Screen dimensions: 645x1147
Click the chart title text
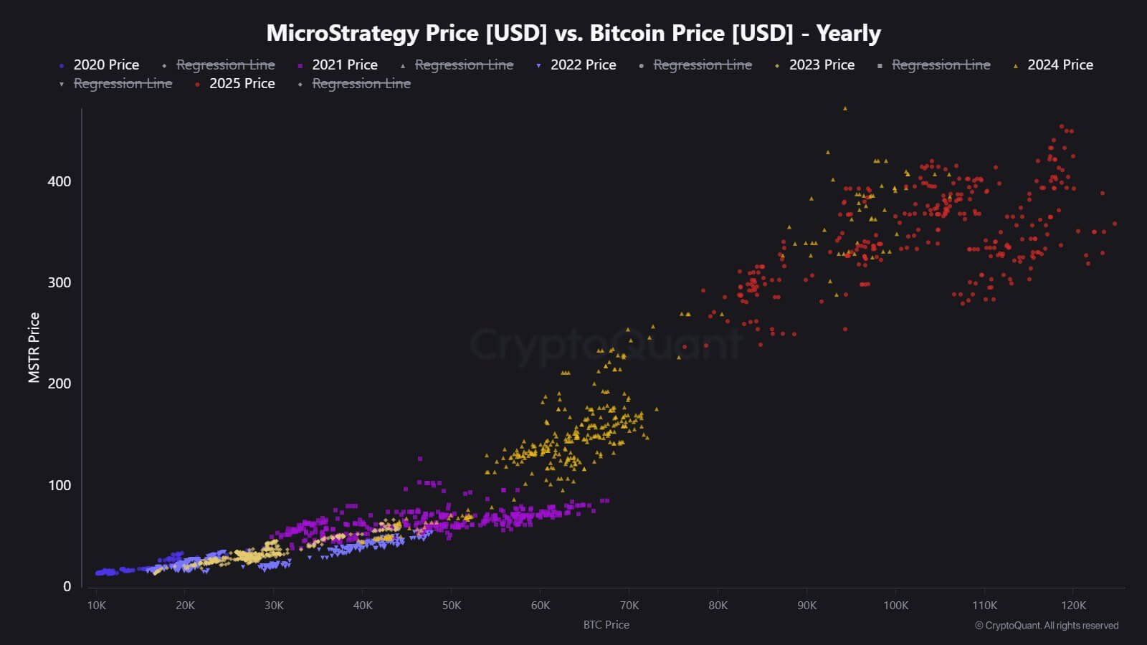[573, 33]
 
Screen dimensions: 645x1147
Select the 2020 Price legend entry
[105, 64]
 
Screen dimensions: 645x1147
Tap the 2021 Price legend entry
[344, 64]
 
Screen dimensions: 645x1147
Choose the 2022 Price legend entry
[583, 64]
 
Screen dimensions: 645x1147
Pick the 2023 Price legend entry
[822, 64]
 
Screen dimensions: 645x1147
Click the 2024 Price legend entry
[1060, 64]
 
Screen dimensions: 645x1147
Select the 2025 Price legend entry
[242, 83]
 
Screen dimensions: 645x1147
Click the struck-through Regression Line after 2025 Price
[361, 83]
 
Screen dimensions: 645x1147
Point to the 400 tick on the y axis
[60, 181]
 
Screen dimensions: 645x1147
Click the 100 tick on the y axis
[60, 485]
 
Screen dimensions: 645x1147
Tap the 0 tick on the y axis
[67, 586]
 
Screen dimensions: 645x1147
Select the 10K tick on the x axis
[96, 606]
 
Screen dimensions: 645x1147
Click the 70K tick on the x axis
[629, 606]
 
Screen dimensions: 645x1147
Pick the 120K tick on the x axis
[1073, 606]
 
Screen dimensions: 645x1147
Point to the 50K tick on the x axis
[452, 606]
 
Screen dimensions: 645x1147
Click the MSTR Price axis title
[34, 348]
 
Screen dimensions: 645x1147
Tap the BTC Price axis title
[606, 625]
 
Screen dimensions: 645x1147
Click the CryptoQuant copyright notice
[1047, 626]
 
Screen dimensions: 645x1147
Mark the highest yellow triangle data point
[844, 108]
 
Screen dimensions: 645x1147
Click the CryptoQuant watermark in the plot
[606, 345]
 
